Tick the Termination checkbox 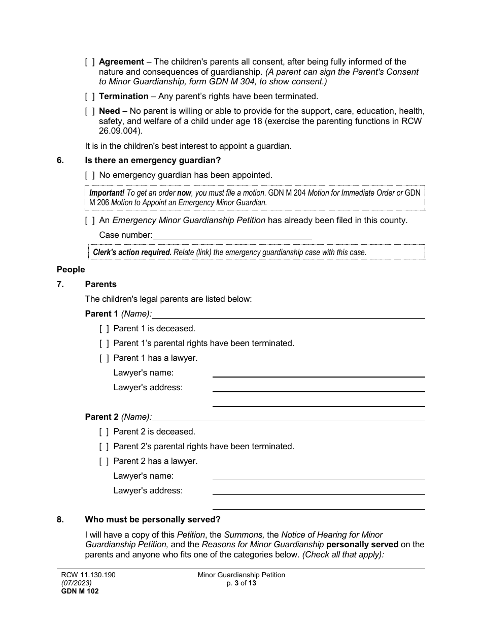tap(90, 97)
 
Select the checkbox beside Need tap(90, 111)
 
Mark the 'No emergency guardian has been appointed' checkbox tap(90, 175)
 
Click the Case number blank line tap(232, 235)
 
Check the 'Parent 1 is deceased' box tap(104, 329)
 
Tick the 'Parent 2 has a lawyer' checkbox tap(104, 461)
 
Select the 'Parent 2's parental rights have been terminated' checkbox tap(104, 447)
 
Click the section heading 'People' tap(71, 270)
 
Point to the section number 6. tap(60, 161)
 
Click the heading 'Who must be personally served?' tap(153, 520)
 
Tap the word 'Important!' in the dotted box tap(107, 193)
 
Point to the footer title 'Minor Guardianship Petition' tap(242, 575)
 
